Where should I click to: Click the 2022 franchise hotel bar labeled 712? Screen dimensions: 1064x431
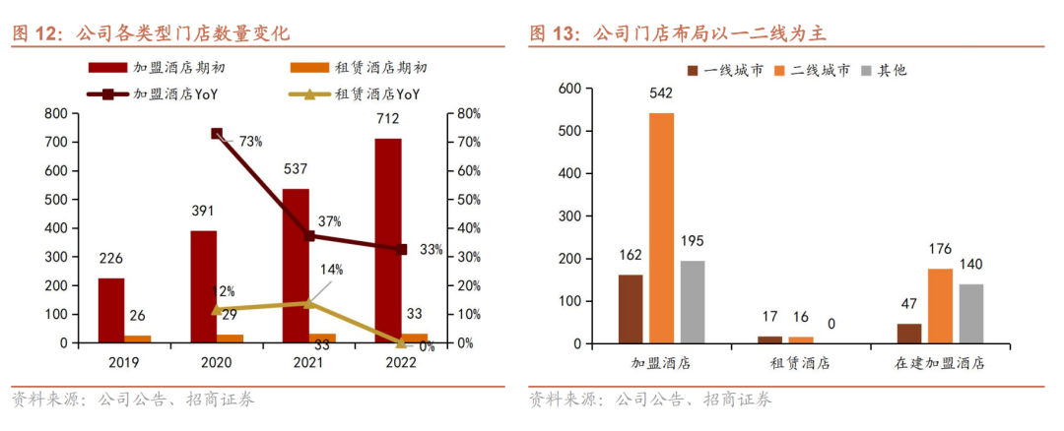pyautogui.click(x=388, y=241)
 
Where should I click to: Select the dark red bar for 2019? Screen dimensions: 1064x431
pyautogui.click(x=111, y=311)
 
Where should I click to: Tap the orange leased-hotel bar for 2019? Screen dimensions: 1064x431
pyautogui.click(x=138, y=339)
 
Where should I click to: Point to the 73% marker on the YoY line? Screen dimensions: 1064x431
pyautogui.click(x=217, y=134)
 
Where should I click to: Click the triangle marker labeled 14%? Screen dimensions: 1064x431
pyautogui.click(x=308, y=303)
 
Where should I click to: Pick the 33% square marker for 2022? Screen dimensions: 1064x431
pyautogui.click(x=402, y=249)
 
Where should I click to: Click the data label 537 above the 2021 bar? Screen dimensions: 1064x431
pyautogui.click(x=296, y=167)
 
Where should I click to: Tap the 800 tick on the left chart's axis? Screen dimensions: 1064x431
pyautogui.click(x=58, y=114)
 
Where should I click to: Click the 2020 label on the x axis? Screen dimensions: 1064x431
pyautogui.click(x=217, y=362)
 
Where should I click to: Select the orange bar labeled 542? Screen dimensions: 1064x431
pyautogui.click(x=662, y=228)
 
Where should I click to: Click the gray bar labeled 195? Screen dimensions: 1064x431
pyautogui.click(x=693, y=302)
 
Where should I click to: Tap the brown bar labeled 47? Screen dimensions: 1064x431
pyautogui.click(x=909, y=334)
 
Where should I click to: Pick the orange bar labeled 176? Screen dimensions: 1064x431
pyautogui.click(x=940, y=306)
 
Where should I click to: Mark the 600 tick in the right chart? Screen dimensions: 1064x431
pyautogui.click(x=570, y=89)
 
